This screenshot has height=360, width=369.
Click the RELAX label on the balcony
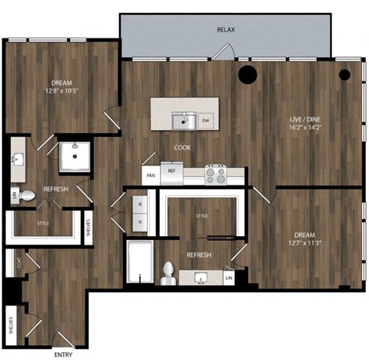pyautogui.click(x=225, y=30)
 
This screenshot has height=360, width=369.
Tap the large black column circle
pyautogui.click(x=248, y=75)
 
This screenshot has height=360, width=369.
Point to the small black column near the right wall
pyautogui.click(x=344, y=75)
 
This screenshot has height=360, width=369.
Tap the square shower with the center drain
pyautogui.click(x=75, y=157)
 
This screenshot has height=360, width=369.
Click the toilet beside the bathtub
pyautogui.click(x=169, y=271)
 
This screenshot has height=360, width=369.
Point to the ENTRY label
pyautogui.click(x=64, y=355)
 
